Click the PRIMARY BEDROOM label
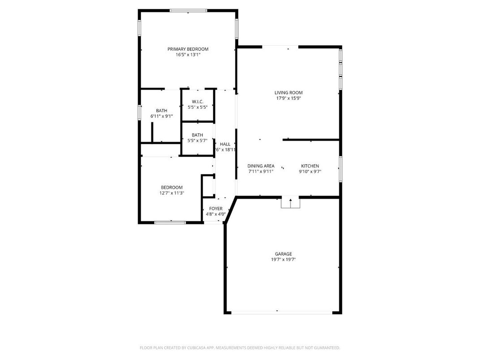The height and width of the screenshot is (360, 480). (188, 49)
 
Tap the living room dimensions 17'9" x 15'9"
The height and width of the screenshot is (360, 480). (288, 99)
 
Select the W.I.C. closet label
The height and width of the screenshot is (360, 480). (197, 102)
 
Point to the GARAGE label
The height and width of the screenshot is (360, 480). (283, 254)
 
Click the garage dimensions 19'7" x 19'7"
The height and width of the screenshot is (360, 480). (283, 260)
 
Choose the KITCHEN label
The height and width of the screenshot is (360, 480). (310, 166)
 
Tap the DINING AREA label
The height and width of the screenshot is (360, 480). (261, 166)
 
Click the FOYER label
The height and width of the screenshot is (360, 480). (215, 209)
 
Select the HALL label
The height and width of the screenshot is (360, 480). (225, 144)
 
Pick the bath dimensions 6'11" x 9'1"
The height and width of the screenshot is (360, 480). (162, 116)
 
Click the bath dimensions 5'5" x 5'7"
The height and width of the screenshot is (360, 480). (197, 141)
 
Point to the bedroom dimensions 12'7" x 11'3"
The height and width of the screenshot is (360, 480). (172, 193)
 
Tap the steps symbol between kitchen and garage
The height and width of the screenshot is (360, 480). (290, 203)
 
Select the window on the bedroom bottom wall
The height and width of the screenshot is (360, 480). (170, 222)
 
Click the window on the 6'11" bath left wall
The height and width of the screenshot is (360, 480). (139, 112)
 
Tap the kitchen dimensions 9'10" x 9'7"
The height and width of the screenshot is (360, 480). (310, 171)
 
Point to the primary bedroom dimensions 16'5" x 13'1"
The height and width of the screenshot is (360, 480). (188, 55)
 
